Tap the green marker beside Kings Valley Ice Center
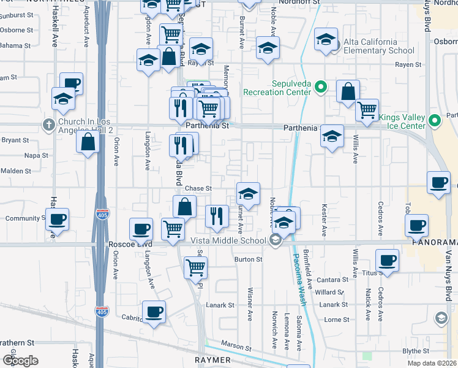(435, 120)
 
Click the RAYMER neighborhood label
(212, 360)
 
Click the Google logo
(20, 361)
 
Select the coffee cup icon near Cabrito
(154, 312)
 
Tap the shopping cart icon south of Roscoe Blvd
(195, 267)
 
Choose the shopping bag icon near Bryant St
(88, 142)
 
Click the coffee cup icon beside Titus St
(387, 259)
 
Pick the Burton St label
(249, 259)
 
